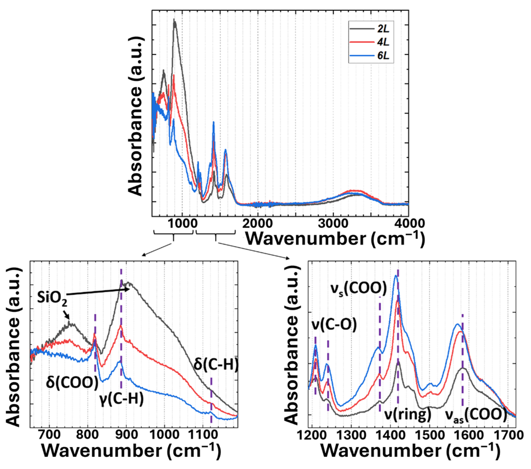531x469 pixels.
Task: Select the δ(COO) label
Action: pos(72,383)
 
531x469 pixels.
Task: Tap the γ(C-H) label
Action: pos(121,399)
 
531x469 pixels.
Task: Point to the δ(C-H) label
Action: pos(216,364)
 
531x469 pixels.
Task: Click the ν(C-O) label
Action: pos(334,325)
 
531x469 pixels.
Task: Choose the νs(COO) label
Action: pos(359,289)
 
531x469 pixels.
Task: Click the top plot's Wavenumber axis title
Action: pos(335,238)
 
